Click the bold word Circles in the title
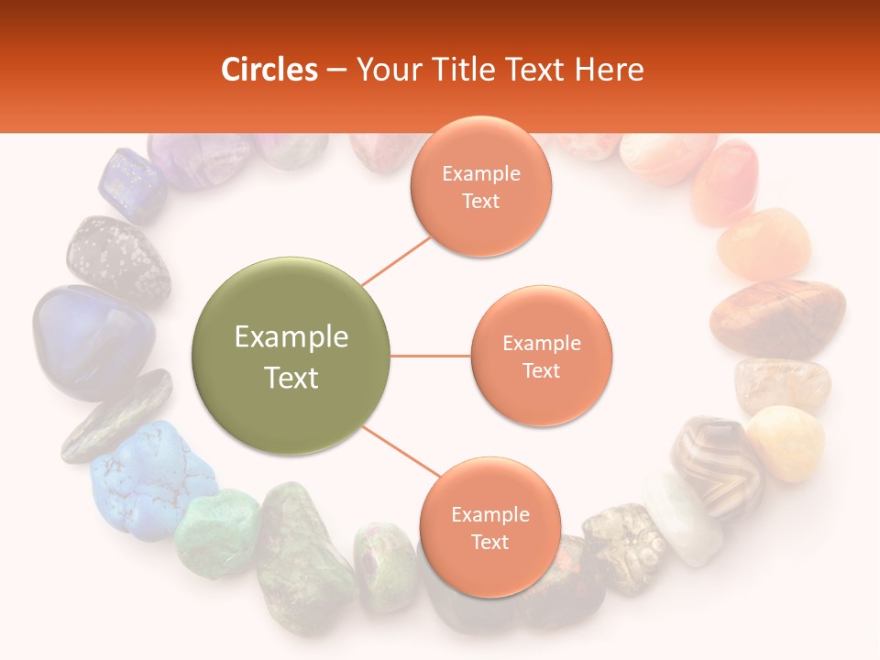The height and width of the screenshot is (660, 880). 269,70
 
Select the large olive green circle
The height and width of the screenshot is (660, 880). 291,357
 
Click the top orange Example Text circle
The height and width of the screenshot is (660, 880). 480,187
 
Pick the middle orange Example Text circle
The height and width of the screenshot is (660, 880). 541,357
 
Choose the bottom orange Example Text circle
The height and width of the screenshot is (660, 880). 489,527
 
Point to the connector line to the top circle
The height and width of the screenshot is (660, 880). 397,261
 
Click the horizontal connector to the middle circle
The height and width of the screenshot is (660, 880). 431,356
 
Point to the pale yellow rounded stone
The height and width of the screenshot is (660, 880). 786,442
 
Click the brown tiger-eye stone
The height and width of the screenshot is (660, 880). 778,317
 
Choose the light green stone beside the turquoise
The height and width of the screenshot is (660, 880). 217,532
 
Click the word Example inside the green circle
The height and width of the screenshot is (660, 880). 291,337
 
